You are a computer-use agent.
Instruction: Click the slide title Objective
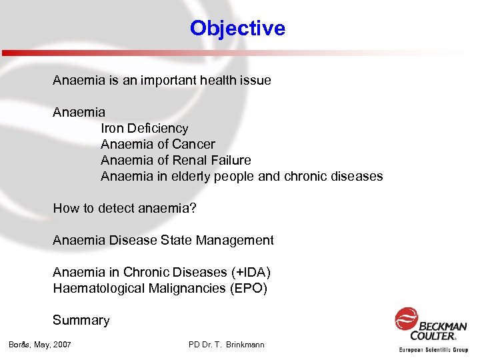(x=237, y=28)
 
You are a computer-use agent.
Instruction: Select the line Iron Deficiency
(x=144, y=128)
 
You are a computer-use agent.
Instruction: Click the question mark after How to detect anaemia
(x=193, y=208)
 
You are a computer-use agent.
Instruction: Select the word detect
(x=116, y=208)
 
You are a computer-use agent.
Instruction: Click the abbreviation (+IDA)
(x=251, y=272)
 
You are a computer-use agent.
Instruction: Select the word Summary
(x=81, y=320)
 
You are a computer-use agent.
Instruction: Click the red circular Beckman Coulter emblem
(x=406, y=318)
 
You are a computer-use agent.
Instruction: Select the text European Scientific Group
(x=433, y=349)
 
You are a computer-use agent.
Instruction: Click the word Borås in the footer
(x=19, y=345)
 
